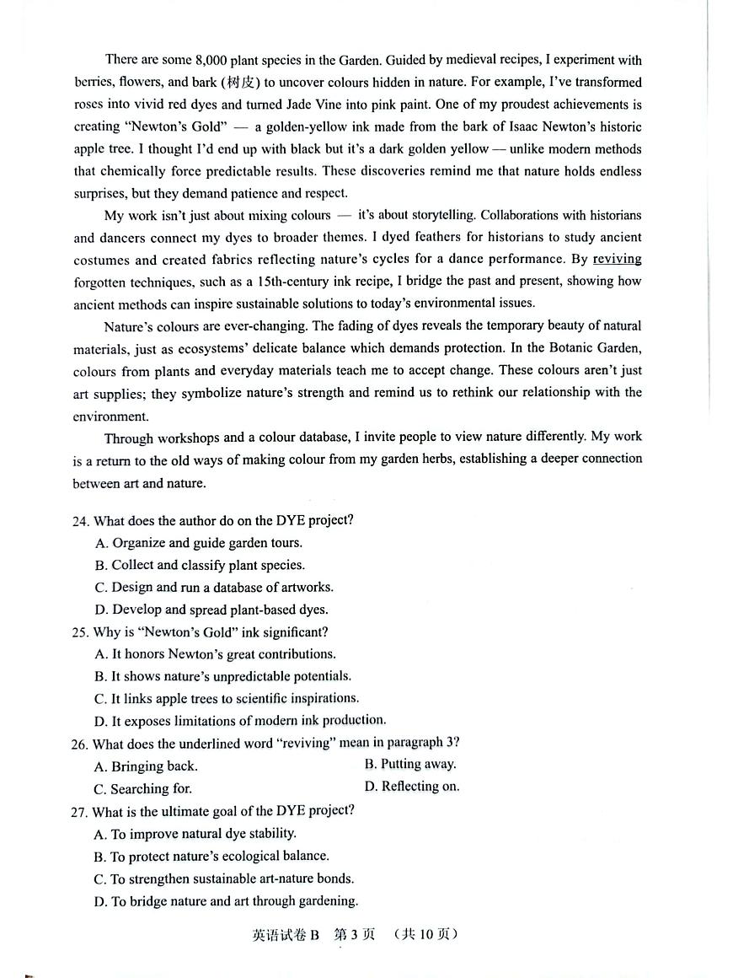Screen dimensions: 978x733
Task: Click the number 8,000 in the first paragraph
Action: click(x=211, y=60)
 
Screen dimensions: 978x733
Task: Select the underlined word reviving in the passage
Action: click(x=617, y=259)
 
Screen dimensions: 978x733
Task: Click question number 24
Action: click(x=81, y=520)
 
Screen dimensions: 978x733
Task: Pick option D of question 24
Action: click(x=211, y=610)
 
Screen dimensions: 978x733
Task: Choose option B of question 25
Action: click(x=223, y=676)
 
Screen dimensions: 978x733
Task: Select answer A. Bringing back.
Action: click(x=147, y=766)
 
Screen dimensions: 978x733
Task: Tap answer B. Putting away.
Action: click(x=410, y=765)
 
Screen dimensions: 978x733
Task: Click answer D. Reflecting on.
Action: click(x=412, y=787)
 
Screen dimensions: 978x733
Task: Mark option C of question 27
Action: click(x=224, y=879)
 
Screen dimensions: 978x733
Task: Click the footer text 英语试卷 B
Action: click(x=286, y=934)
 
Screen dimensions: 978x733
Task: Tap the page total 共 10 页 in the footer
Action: click(x=426, y=934)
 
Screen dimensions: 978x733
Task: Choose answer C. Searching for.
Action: click(x=144, y=789)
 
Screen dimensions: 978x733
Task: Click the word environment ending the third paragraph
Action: click(x=110, y=416)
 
